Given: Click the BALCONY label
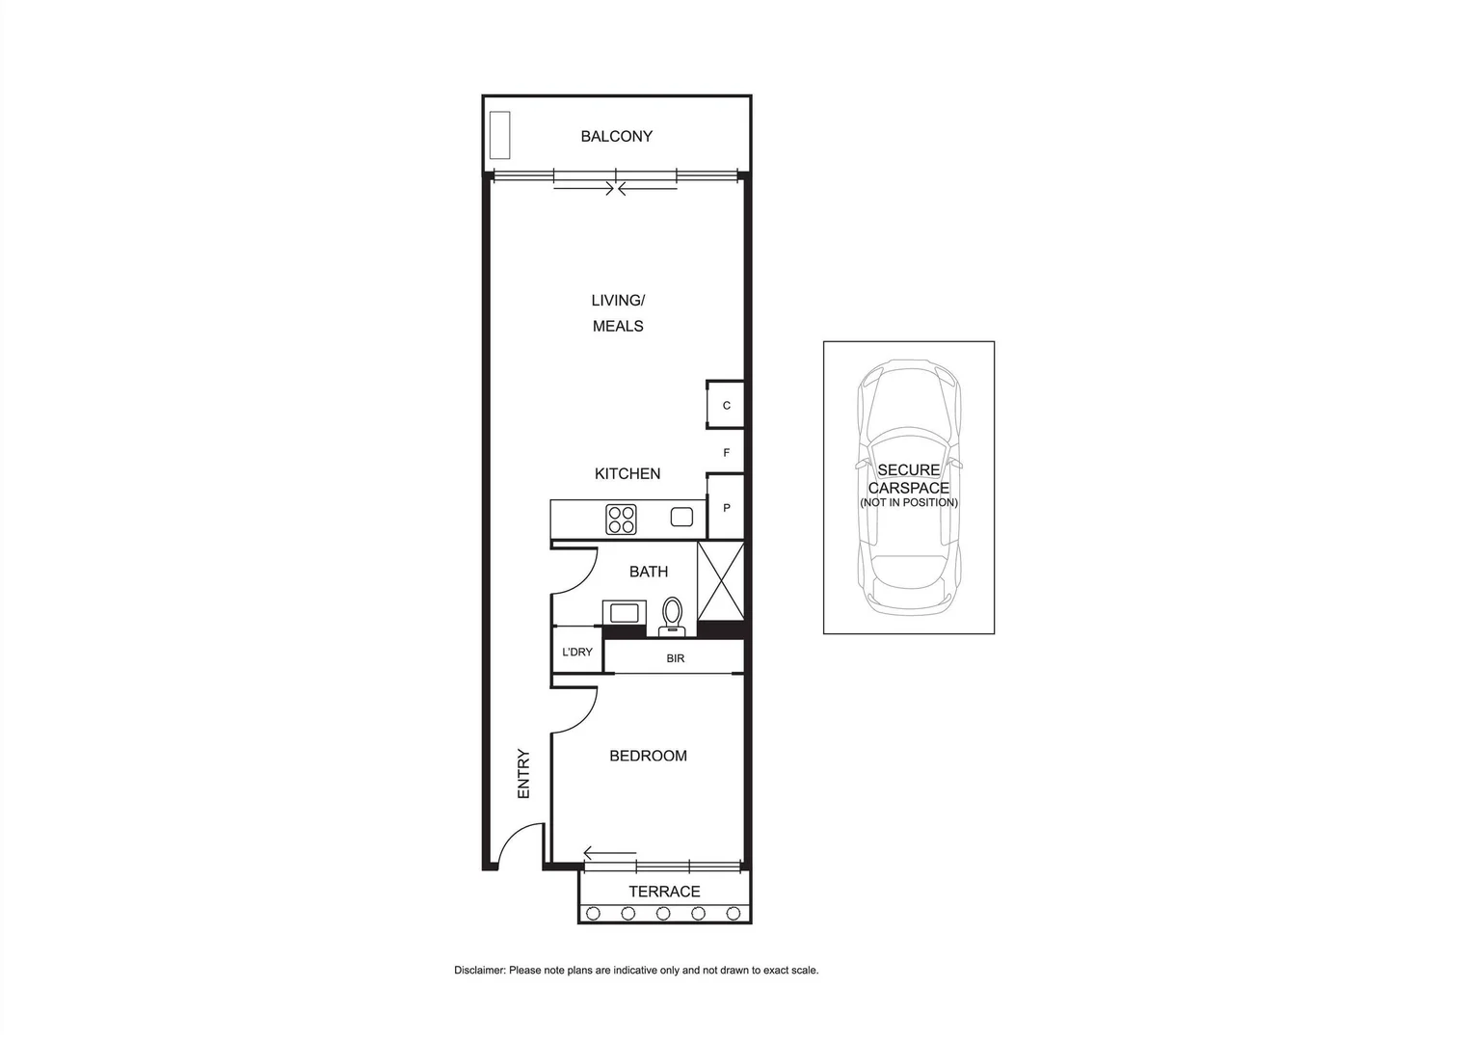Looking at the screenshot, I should (616, 137).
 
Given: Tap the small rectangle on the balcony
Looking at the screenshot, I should (499, 135).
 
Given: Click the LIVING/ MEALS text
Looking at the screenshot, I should (618, 313).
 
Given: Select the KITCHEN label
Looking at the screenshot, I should (627, 473).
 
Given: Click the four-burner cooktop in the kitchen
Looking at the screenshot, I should (621, 520).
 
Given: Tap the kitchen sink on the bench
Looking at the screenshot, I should (681, 518).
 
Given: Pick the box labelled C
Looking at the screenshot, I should (726, 405).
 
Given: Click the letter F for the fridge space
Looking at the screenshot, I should (727, 453).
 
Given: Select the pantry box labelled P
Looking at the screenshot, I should (726, 508).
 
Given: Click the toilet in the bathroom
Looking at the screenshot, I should (672, 615).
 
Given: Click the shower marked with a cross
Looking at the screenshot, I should (720, 581).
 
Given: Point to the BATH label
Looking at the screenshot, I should (649, 572).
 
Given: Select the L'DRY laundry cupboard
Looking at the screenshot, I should (576, 653).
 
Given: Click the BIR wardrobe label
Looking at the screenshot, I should (675, 658).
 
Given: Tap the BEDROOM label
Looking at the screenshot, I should (648, 756).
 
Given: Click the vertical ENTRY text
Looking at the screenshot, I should (524, 773).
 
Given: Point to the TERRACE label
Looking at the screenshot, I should (664, 892).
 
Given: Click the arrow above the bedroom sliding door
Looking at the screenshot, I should (609, 853).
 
